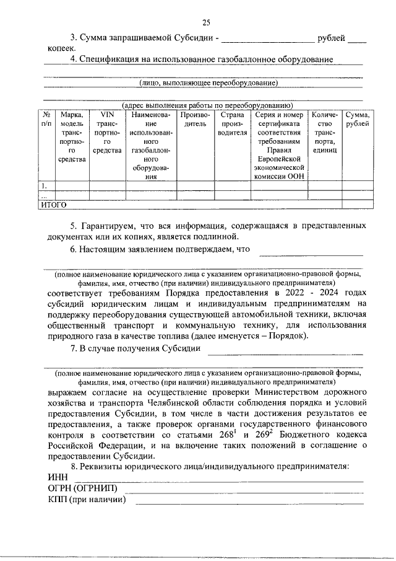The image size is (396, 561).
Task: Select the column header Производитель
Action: click(x=195, y=119)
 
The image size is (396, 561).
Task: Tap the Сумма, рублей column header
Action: click(x=358, y=119)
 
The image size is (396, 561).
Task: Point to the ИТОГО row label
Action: click(x=53, y=204)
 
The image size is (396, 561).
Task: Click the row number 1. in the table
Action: click(x=44, y=185)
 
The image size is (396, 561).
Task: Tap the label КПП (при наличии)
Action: click(x=87, y=500)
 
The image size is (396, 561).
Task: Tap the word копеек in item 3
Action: click(x=61, y=48)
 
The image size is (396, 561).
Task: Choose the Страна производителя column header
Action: click(x=232, y=123)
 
